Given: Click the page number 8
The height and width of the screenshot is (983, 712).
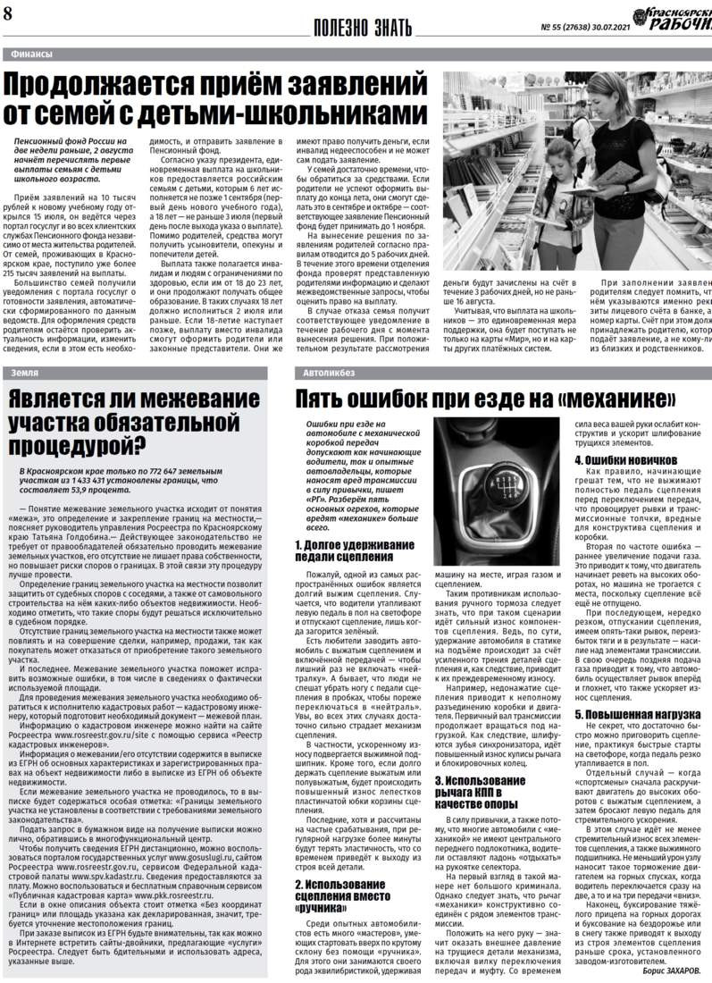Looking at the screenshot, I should (x=8, y=14).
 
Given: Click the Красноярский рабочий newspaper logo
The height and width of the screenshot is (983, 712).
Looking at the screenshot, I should (x=671, y=17).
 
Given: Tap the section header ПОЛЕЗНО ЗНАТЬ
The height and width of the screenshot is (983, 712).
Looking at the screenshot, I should (x=368, y=27).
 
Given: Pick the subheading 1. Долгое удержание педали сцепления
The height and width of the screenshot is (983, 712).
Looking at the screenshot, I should (x=353, y=550).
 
